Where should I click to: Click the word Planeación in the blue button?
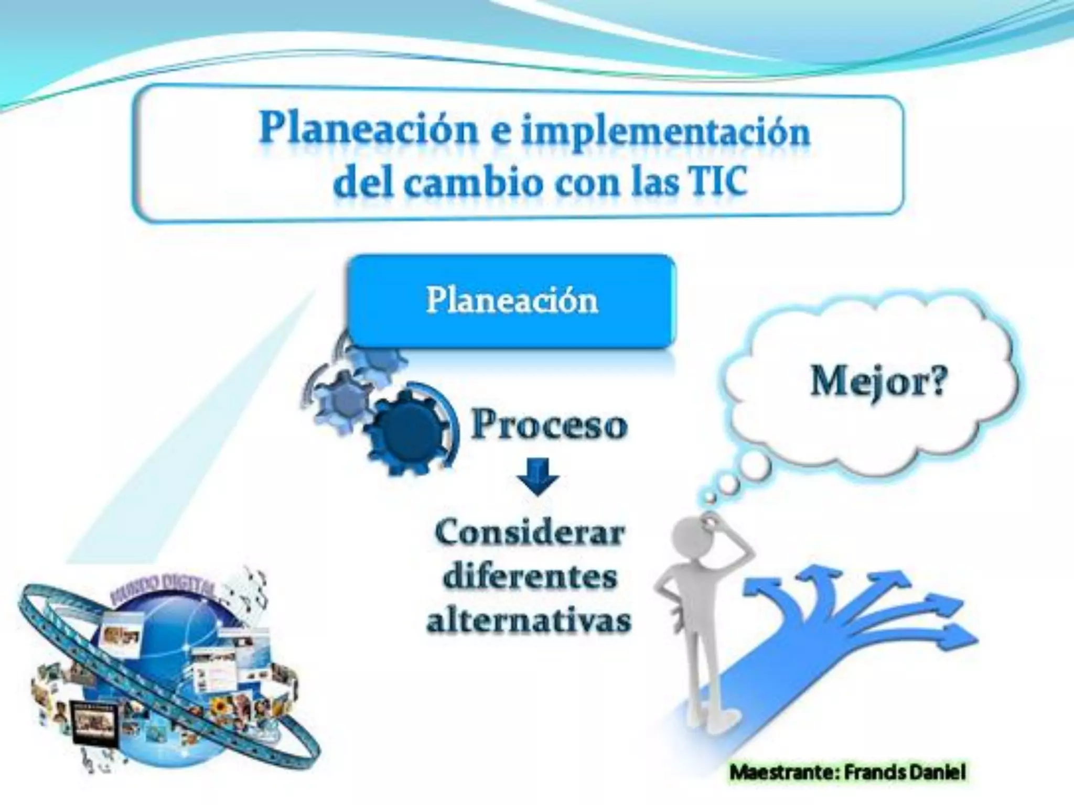(x=511, y=301)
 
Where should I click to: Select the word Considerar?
(x=530, y=534)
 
